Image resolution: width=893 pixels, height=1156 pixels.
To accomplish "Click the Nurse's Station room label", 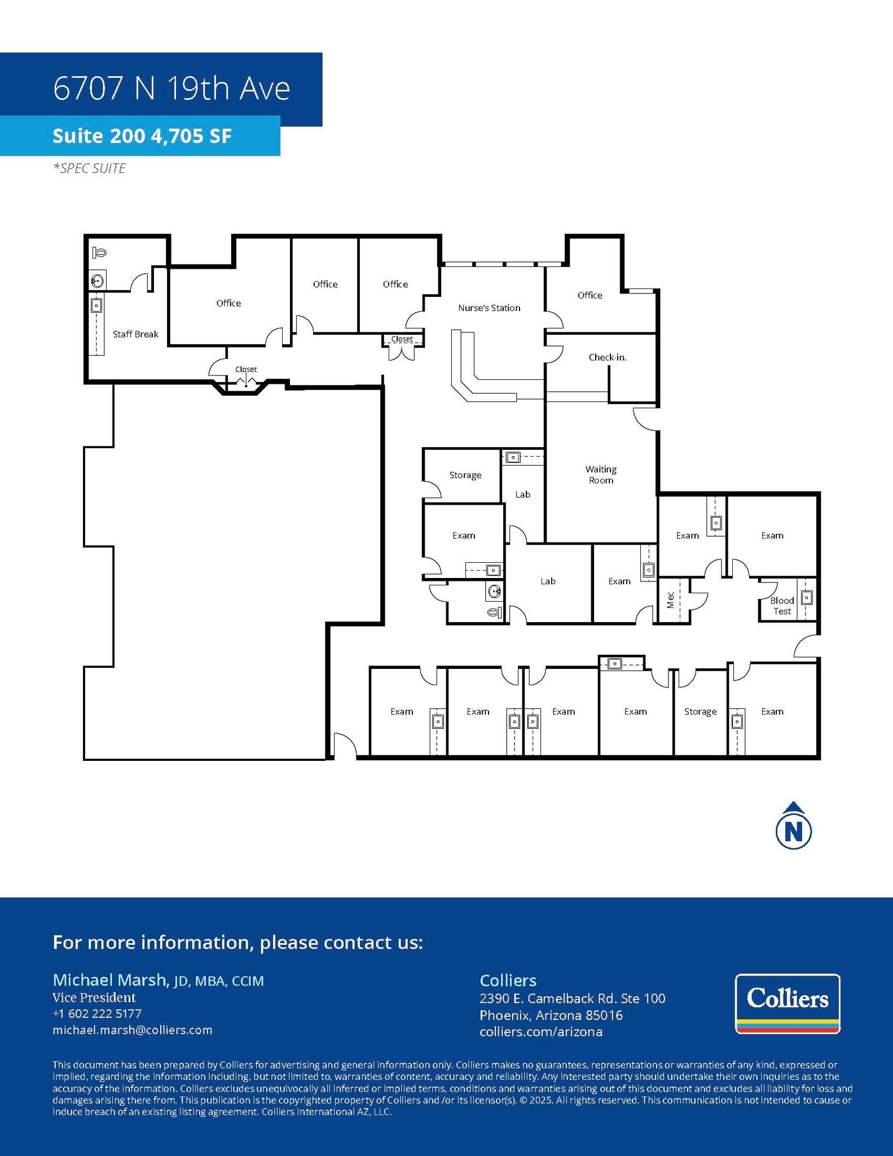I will coord(489,308).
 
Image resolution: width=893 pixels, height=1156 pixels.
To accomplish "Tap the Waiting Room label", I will coord(601,475).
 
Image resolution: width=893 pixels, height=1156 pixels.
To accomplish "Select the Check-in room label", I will coord(608,357).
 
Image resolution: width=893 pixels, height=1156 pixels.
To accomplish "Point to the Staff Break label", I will coord(135,334).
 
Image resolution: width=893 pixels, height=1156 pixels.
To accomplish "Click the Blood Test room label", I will coord(782,606).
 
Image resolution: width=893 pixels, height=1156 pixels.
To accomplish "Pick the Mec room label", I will coord(671,600).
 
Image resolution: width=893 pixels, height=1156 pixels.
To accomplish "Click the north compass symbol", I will coord(794,827).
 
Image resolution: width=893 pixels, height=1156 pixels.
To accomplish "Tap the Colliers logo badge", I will coord(788,1004).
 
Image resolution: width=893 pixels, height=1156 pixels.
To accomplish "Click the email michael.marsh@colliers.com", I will coord(133,1030).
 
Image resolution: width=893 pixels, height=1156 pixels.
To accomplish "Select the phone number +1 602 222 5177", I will coord(97,1014).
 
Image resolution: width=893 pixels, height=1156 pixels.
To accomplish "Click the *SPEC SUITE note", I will coord(90,168).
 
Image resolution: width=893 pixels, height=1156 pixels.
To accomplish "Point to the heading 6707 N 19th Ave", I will coord(171,89).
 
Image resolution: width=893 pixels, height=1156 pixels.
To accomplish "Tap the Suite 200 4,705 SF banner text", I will coord(142,136).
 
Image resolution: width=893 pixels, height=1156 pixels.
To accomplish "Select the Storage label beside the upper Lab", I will coord(465,475).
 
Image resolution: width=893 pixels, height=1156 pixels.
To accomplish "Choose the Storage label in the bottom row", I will coord(700,712).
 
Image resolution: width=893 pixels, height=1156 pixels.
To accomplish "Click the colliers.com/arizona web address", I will coord(541,1032).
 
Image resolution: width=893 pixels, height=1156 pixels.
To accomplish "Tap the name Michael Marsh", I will coord(110,980).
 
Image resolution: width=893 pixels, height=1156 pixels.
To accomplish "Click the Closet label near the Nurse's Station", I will coord(402,339).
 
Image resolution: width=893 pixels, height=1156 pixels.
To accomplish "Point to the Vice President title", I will coord(94,997).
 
